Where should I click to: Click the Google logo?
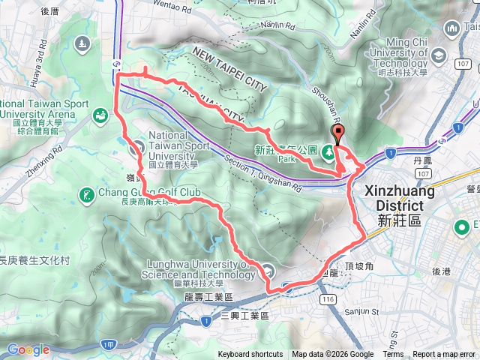(x=28, y=349)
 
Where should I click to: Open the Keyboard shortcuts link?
(x=250, y=355)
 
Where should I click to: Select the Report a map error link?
(x=444, y=355)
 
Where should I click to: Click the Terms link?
(x=393, y=355)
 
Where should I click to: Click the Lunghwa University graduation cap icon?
(x=269, y=271)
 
